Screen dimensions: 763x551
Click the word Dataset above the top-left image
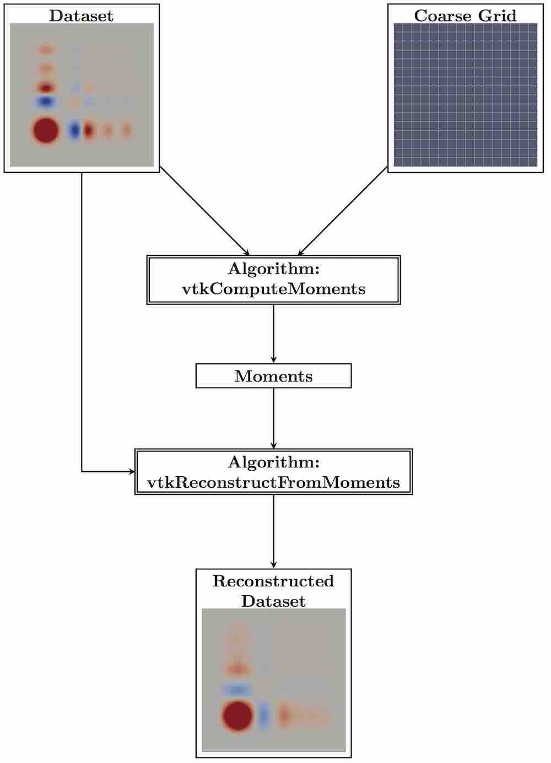coord(81,15)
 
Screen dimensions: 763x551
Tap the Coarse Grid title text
coord(465,15)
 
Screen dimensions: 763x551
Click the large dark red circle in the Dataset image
coord(46,130)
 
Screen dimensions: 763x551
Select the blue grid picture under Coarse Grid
coord(465,95)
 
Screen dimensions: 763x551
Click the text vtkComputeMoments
coord(273,289)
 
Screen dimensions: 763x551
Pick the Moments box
coord(273,376)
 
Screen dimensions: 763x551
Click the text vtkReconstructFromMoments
coord(273,482)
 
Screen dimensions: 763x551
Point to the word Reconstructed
coord(273,581)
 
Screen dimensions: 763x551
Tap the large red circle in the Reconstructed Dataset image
coord(237,716)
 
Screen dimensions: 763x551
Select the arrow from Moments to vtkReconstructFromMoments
coord(273,418)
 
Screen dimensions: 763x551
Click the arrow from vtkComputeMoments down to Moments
coord(273,334)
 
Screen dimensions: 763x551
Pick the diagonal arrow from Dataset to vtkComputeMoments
coord(204,211)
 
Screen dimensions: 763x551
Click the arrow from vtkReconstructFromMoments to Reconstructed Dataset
coord(273,531)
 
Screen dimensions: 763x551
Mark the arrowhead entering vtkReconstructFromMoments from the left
coord(132,471)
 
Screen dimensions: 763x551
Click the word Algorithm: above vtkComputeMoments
coord(273,269)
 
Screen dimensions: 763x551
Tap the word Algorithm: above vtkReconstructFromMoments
coord(273,462)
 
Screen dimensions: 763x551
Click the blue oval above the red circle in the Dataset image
coord(46,102)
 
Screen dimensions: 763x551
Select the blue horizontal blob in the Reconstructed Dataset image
coord(237,689)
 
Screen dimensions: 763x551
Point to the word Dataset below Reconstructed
coord(273,601)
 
